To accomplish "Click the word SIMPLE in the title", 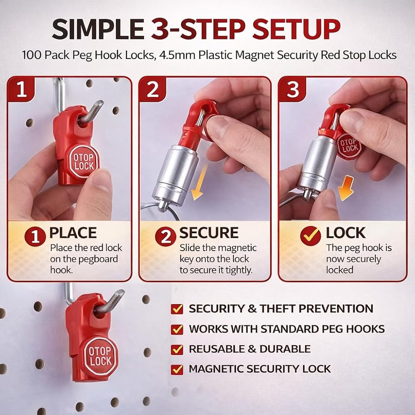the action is click(x=98, y=29).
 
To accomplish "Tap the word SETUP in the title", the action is click(x=296, y=29).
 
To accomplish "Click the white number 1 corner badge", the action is click(x=21, y=89).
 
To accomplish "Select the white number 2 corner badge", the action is click(x=153, y=89).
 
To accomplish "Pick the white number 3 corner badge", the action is click(x=293, y=89).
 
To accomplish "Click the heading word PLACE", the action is click(x=73, y=233).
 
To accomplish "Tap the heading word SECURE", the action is click(x=209, y=233).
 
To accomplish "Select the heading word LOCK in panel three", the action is click(x=345, y=233).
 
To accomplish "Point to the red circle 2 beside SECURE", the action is click(x=166, y=237).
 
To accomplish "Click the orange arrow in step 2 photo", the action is click(x=199, y=182).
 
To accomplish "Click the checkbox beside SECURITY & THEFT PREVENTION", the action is click(x=177, y=309).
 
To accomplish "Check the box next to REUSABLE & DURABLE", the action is click(x=177, y=349).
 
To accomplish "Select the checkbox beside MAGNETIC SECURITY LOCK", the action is click(x=177, y=369).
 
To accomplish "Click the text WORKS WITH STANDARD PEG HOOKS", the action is click(x=287, y=329).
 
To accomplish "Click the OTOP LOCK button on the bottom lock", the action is click(x=100, y=356).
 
